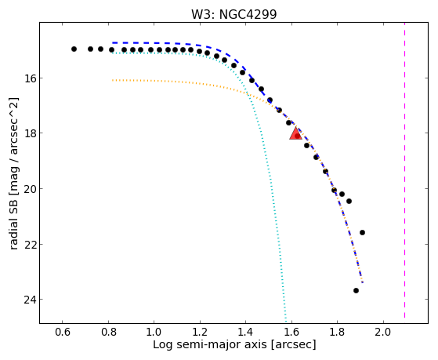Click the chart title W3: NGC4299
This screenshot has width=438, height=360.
click(233, 14)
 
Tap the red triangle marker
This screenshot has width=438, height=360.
click(295, 133)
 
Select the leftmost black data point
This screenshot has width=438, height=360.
click(74, 49)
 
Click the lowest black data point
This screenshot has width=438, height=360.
click(356, 291)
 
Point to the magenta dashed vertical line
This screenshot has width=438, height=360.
click(404, 173)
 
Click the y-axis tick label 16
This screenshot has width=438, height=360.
click(29, 78)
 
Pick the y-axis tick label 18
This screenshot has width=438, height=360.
click(29, 133)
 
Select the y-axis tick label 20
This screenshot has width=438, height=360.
click(29, 189)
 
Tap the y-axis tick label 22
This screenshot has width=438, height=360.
click(29, 244)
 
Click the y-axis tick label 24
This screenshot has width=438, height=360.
click(29, 300)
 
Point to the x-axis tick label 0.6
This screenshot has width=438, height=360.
click(63, 332)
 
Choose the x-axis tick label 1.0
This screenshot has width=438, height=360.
click(154, 332)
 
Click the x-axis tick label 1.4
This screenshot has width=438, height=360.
click(246, 332)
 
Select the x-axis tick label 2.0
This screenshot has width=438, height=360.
click(383, 332)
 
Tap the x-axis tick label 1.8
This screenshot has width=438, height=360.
click(338, 332)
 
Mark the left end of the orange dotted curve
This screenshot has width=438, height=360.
click(113, 80)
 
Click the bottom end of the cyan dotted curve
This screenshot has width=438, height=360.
click(285, 322)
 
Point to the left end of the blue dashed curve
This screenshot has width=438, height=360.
click(113, 43)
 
